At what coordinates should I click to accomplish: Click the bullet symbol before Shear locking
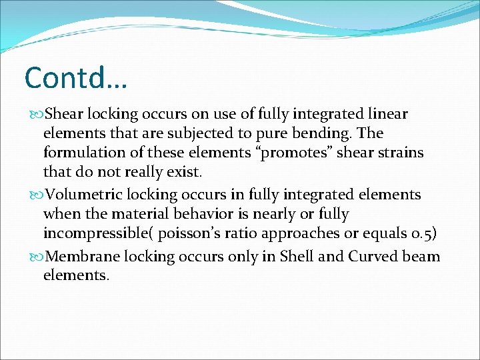coord(36,115)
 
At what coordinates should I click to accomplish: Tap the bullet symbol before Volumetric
coord(36,195)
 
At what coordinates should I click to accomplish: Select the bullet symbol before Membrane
coord(36,257)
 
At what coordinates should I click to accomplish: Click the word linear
coord(386,114)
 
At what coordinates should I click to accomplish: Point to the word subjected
coord(199,133)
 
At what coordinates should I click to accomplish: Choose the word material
coord(138,214)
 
